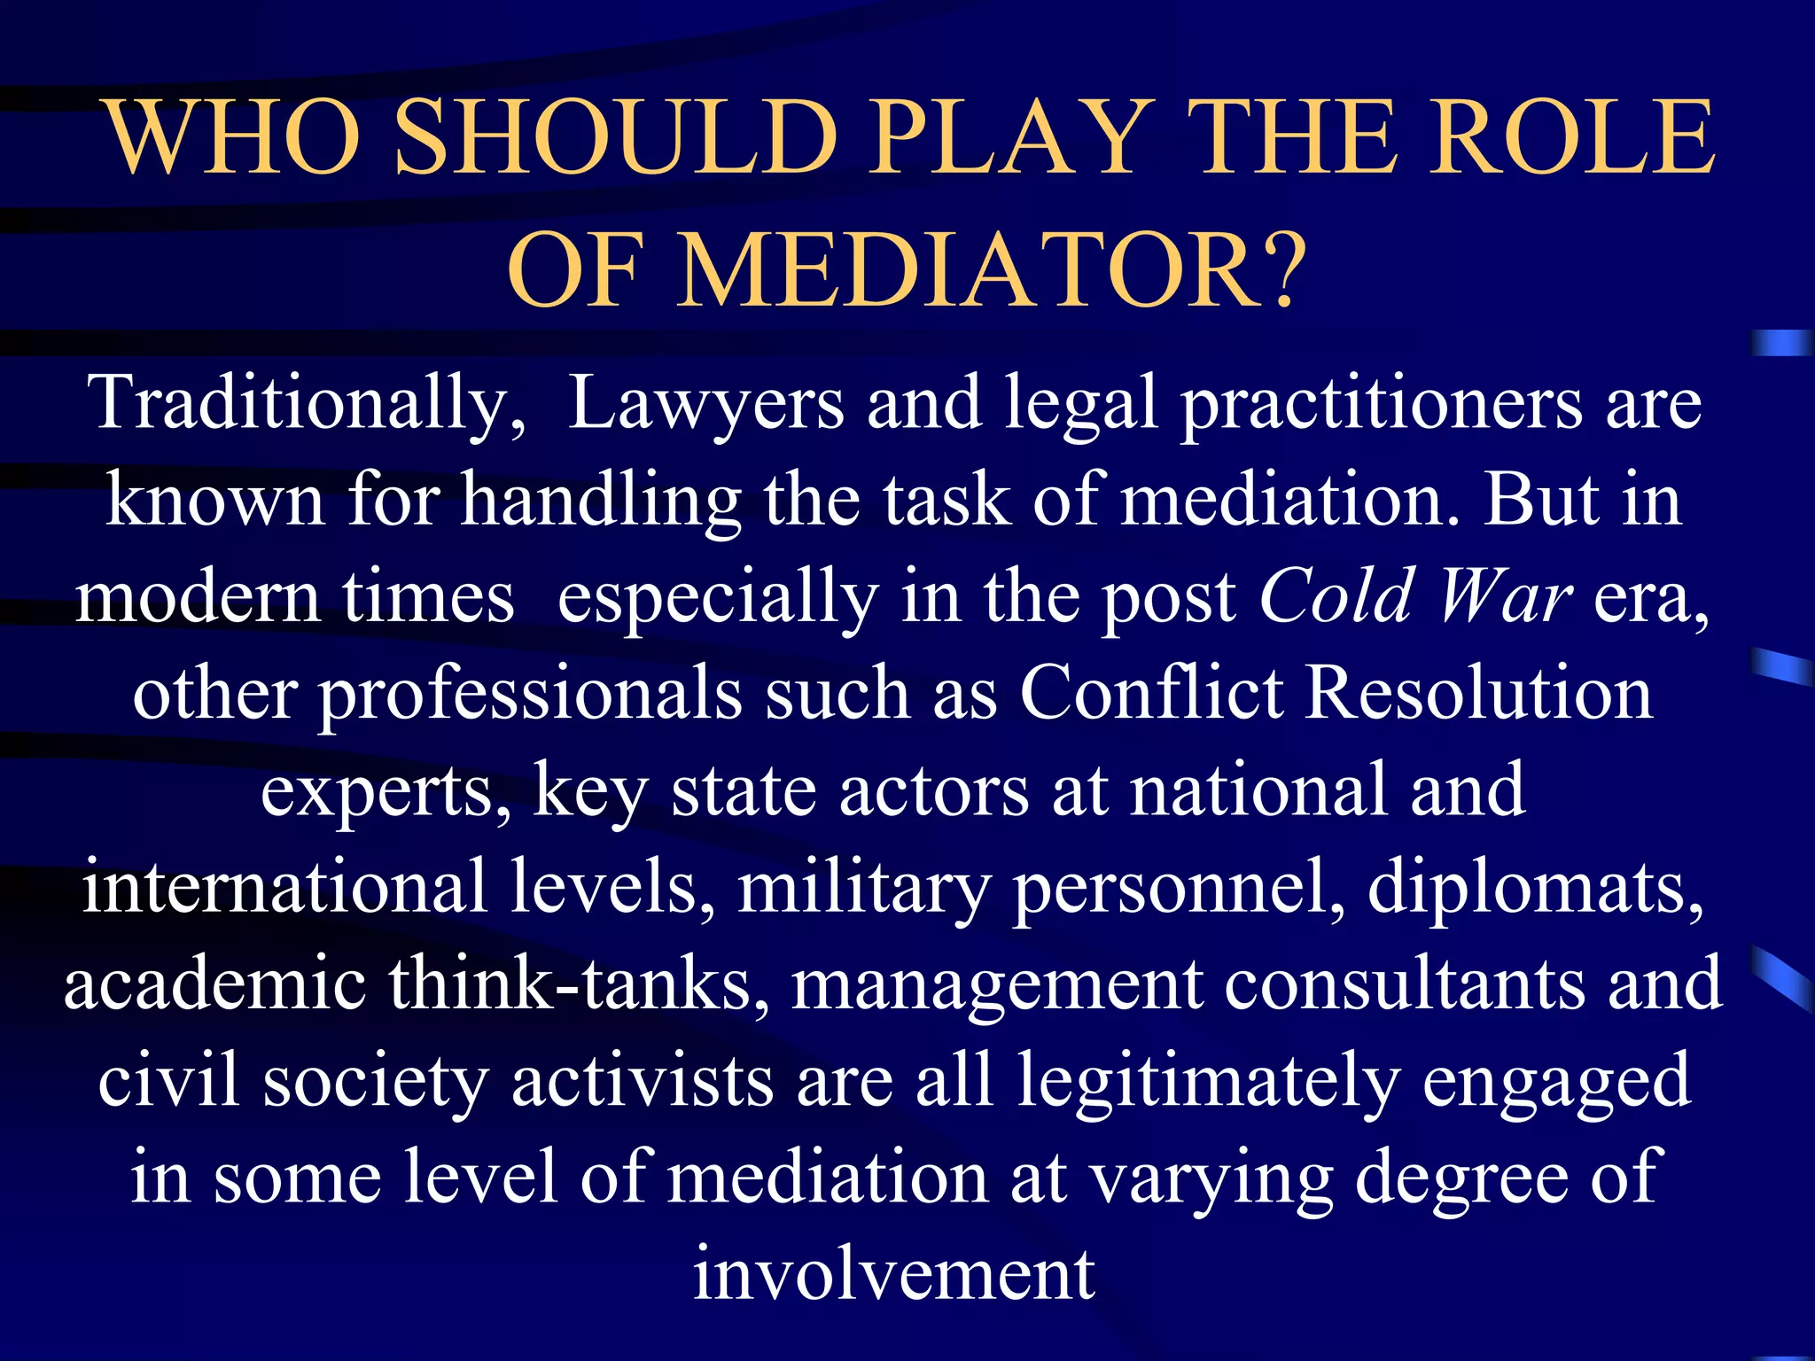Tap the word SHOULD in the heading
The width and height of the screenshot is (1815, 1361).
click(x=615, y=137)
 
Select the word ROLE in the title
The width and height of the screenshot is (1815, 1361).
click(x=1573, y=137)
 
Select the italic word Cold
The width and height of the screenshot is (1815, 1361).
click(x=1336, y=596)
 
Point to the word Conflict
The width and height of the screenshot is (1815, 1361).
click(x=1150, y=693)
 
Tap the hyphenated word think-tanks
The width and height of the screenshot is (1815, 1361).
click(x=580, y=984)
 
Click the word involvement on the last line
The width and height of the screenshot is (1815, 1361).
click(x=893, y=1274)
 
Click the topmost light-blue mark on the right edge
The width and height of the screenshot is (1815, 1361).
click(x=1781, y=342)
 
